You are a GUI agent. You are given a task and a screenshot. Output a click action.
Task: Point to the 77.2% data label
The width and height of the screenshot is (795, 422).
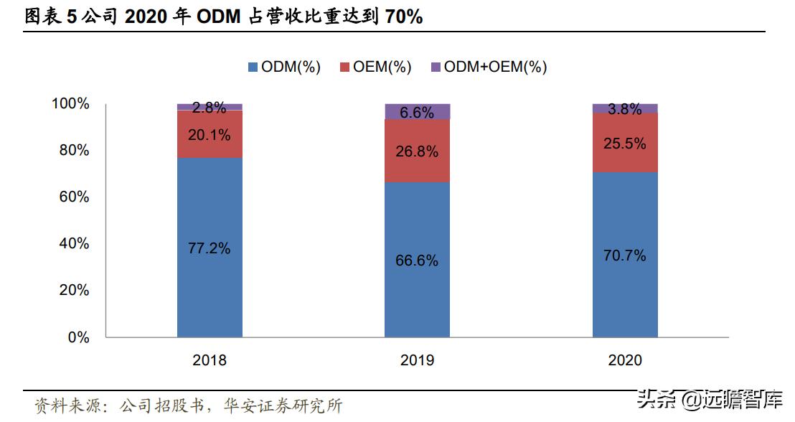210,248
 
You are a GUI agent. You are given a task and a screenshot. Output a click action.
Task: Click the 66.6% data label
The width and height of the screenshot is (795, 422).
417,261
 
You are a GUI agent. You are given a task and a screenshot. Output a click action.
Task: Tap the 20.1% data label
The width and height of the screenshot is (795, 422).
210,135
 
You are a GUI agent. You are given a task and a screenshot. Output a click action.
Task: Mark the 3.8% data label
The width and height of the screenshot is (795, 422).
624,109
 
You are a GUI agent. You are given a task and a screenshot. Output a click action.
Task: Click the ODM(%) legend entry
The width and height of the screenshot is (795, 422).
283,67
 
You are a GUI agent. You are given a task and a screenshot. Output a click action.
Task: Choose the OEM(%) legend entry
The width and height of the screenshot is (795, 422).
375,67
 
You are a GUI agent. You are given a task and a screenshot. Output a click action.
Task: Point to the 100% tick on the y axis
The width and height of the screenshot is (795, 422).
70,104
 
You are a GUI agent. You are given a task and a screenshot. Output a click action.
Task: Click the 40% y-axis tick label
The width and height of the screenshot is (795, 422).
74,244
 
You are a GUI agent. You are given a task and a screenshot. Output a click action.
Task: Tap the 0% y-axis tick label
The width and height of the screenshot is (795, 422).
78,337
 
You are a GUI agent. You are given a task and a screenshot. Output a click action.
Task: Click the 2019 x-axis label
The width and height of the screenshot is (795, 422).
417,360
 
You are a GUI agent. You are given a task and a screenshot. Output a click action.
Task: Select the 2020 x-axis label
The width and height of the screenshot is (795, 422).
624,360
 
